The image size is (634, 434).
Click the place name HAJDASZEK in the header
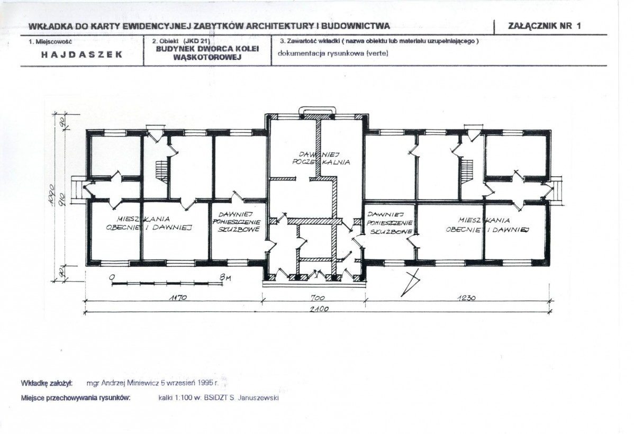coord(81,55)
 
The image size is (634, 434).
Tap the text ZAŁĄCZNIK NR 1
coord(544,26)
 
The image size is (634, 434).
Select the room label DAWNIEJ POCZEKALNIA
coord(321,158)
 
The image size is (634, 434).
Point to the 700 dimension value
coord(318,298)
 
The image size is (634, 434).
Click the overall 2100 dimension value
coord(319,309)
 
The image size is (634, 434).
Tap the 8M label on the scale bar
coord(225,277)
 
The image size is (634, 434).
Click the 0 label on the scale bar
coord(112,277)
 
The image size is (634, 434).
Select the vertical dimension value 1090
coord(51,195)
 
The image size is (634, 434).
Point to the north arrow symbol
coord(410,283)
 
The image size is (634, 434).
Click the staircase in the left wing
coord(161,170)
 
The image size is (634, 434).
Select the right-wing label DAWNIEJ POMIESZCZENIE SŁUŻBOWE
coord(390,222)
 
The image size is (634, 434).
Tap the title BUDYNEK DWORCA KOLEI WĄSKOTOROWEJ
coord(207,52)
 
